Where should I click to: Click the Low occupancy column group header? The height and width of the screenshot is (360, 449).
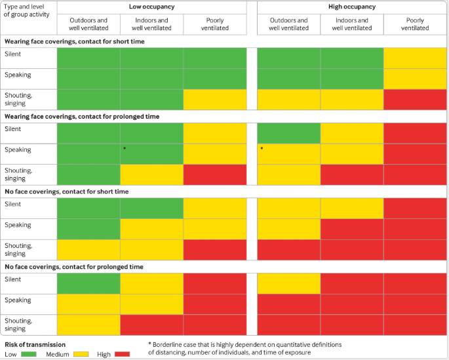click(x=151, y=7)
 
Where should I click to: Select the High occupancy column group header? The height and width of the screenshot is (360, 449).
click(x=351, y=7)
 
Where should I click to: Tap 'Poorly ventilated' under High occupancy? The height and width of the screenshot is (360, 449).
click(x=414, y=24)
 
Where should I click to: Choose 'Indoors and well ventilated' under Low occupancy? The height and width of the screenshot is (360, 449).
click(x=151, y=24)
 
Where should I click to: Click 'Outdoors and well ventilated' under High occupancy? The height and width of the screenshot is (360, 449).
click(x=288, y=24)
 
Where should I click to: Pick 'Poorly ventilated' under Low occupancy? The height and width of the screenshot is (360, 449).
click(x=214, y=24)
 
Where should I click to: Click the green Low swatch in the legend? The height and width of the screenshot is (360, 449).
click(x=29, y=354)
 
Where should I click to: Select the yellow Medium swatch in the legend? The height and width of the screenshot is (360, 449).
click(x=81, y=354)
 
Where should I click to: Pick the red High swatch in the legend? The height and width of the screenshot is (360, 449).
click(x=122, y=354)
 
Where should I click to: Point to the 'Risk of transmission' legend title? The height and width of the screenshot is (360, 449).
click(x=35, y=344)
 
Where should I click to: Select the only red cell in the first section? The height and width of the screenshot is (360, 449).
click(x=414, y=99)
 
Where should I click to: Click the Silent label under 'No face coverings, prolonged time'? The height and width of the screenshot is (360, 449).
click(x=13, y=279)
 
